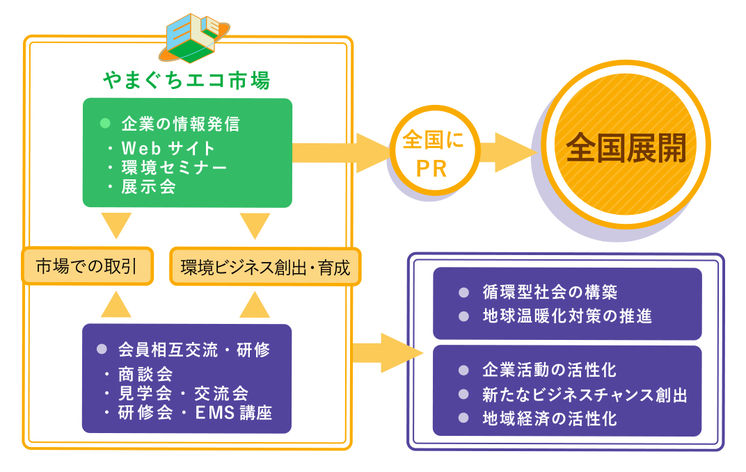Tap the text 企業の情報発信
click(180, 124)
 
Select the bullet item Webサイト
click(168, 148)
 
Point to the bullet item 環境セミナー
click(174, 168)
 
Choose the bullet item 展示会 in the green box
click(148, 186)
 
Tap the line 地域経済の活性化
click(549, 418)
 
